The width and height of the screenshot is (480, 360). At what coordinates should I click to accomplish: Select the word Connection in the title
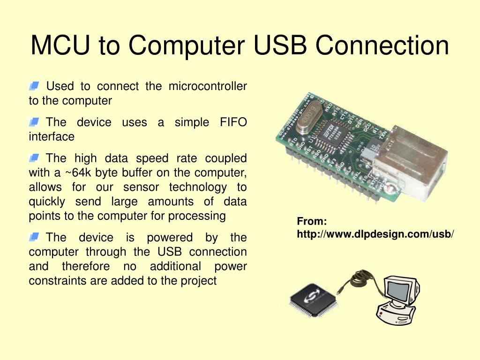(382, 45)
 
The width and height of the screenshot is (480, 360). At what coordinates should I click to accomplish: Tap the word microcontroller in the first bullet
(208, 86)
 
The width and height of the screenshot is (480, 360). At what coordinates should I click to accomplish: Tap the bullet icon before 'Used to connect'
(33, 86)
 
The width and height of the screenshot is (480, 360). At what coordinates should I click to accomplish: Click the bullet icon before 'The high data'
(33, 158)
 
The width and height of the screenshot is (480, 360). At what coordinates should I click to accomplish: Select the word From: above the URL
(312, 222)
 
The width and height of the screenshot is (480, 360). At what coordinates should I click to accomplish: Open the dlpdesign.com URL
(375, 233)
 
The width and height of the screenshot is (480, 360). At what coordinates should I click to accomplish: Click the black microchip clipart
(311, 299)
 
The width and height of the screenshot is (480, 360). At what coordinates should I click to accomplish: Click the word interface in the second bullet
(52, 136)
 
